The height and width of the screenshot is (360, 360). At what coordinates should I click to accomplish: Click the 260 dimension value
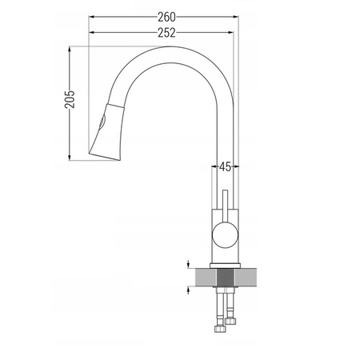[x=166, y=16]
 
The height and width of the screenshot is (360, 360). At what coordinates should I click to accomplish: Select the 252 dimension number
[x=166, y=32]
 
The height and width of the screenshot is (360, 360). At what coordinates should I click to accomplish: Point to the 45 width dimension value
[x=225, y=166]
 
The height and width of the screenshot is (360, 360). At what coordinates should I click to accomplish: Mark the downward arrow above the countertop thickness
[x=187, y=265]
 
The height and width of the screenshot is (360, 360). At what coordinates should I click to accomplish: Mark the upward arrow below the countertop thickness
[x=187, y=292]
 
